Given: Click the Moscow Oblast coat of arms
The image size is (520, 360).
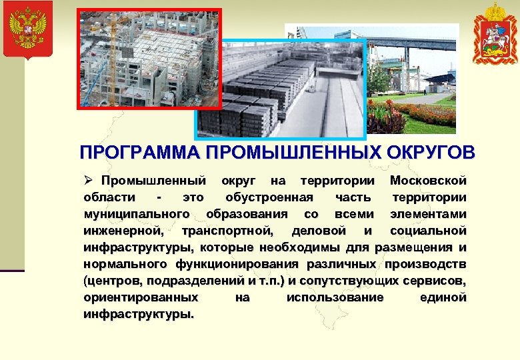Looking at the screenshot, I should tap(495, 33).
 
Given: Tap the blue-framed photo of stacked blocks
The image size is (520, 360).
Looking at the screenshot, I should tap(280, 90).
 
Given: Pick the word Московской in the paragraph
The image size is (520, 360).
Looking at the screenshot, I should tap(428, 181).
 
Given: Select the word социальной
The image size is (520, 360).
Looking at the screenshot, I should tap(428, 231).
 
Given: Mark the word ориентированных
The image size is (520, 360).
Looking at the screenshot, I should tap(141, 297).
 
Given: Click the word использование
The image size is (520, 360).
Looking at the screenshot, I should tap(335, 297).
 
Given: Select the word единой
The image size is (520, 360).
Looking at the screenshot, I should tap(443, 297).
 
